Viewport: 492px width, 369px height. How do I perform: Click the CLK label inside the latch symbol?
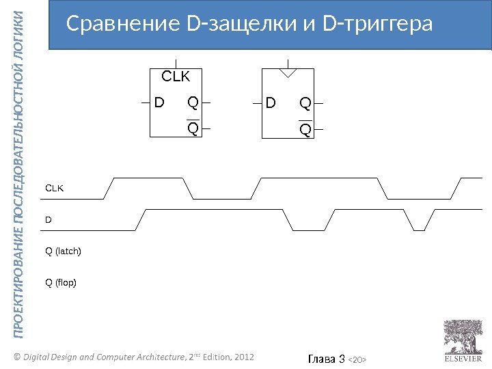175,76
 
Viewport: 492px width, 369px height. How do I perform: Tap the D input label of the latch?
159,104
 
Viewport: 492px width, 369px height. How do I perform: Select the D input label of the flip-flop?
271,104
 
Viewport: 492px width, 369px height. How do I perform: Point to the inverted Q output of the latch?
193,127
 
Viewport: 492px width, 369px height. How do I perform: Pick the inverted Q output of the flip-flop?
305,128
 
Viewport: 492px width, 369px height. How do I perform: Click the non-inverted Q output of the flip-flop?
305,104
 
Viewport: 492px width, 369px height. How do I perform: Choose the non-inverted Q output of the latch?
193,104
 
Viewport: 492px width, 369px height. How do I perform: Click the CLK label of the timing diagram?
54,187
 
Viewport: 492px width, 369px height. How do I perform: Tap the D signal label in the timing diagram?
48,219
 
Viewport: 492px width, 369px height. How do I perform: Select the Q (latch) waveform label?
63,251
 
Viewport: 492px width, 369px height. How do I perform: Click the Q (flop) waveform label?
61,282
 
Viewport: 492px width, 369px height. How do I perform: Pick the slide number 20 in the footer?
363,358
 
